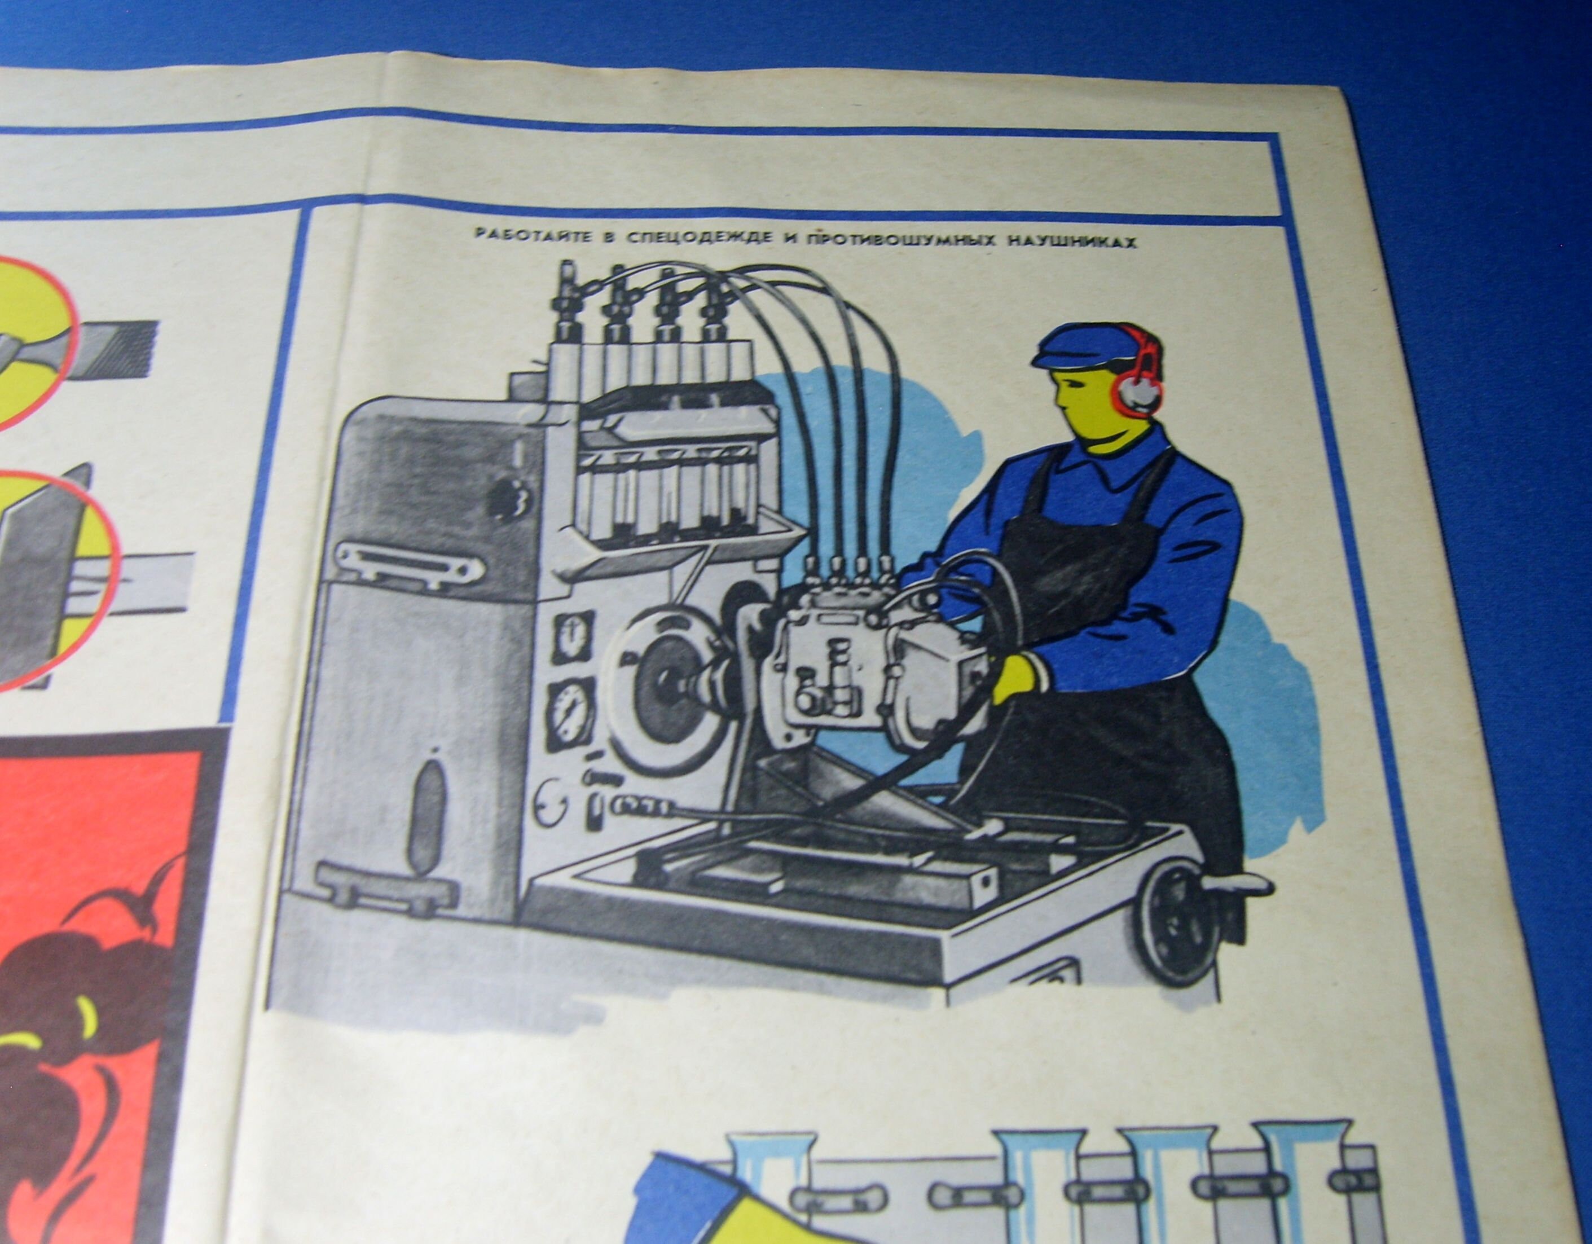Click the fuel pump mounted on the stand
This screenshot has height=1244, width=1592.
click(838, 656)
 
